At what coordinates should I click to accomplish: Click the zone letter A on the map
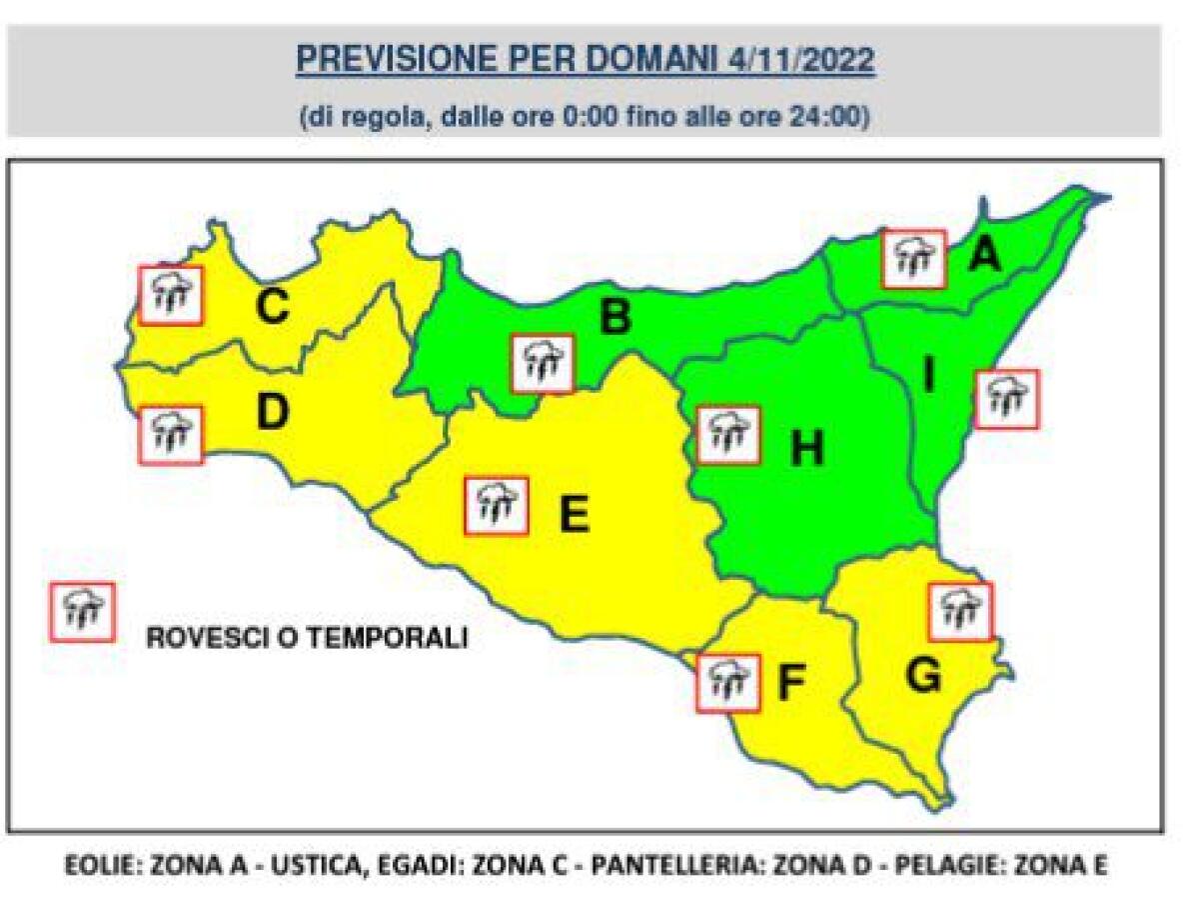pyautogui.click(x=984, y=257)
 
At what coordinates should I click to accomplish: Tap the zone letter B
pyautogui.click(x=614, y=318)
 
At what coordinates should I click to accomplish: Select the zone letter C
pyautogui.click(x=272, y=307)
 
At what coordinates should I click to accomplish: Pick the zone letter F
pyautogui.click(x=791, y=683)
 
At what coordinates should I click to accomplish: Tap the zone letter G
pyautogui.click(x=922, y=678)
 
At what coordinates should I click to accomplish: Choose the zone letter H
pyautogui.click(x=806, y=449)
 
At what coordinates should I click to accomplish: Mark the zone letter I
pyautogui.click(x=928, y=376)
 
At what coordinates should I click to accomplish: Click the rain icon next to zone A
pyautogui.click(x=913, y=258)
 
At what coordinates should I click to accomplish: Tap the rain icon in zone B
pyautogui.click(x=543, y=363)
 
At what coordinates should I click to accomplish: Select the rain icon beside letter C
pyautogui.click(x=171, y=295)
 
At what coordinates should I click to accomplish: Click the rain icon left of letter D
pyautogui.click(x=171, y=434)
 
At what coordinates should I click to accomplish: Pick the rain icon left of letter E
pyautogui.click(x=497, y=505)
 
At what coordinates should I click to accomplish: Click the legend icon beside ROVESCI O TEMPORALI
pyautogui.click(x=83, y=611)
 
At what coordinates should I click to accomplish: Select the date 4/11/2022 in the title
pyautogui.click(x=797, y=60)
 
